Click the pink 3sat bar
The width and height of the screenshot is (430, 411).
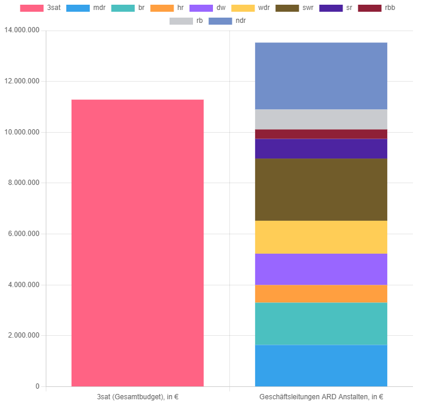point(137,243)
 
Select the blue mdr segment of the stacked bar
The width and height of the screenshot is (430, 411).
point(321,365)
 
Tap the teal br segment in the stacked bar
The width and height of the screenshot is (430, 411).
point(321,324)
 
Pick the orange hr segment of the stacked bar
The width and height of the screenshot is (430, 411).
point(321,294)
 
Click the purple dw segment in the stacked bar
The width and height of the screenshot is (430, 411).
point(321,269)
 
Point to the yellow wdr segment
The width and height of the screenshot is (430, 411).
point(321,237)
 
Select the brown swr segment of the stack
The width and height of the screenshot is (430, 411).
point(321,190)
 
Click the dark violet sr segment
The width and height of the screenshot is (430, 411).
point(321,149)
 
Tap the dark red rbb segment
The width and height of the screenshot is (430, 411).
point(321,134)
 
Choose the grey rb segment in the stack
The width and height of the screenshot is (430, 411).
point(321,119)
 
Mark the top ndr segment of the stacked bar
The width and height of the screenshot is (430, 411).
point(321,76)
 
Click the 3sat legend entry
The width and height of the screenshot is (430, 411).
point(40,8)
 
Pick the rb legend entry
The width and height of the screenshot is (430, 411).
point(187,21)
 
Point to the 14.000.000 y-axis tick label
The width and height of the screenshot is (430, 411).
point(22,31)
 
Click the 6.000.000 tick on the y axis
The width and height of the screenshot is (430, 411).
point(24,234)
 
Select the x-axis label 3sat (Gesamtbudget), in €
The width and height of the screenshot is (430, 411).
point(137,397)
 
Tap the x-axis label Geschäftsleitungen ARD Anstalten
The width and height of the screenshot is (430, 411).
point(321,397)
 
